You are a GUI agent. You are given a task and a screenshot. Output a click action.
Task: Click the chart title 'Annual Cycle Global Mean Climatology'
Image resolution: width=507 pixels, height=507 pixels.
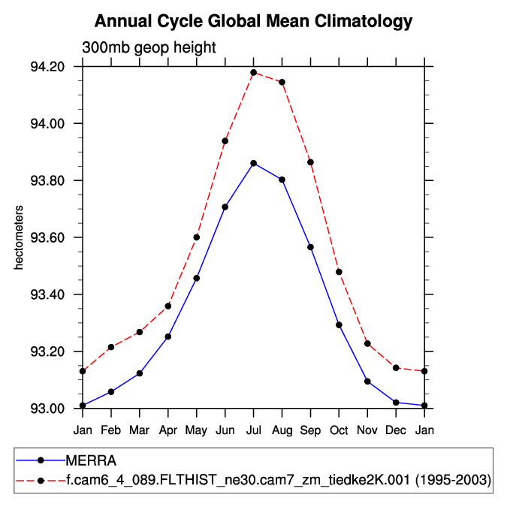coord(253,21)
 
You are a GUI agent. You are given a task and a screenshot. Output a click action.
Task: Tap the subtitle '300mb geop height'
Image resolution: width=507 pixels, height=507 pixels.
coord(149,47)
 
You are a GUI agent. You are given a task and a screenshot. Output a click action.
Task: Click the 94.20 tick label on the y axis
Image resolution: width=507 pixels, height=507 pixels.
coord(47,66)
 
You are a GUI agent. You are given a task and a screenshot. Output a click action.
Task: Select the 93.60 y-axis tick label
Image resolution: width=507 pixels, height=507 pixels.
coord(47,237)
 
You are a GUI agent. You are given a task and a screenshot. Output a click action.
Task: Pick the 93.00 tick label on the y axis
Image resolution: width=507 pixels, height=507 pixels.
coord(47,409)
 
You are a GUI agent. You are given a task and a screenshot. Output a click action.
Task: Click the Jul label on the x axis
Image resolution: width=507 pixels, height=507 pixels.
coord(253,430)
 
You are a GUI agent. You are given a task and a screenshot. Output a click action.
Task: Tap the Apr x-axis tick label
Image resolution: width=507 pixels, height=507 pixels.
coord(167,430)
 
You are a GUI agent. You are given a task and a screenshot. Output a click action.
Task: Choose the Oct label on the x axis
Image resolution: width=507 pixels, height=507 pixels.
coord(339,430)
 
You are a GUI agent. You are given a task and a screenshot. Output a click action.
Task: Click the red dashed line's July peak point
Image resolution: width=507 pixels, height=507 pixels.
coord(253,72)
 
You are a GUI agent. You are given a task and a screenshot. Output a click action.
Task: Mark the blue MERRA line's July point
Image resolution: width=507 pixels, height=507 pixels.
coord(253,163)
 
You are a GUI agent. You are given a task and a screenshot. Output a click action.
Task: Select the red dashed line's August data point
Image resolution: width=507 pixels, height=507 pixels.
coord(282,82)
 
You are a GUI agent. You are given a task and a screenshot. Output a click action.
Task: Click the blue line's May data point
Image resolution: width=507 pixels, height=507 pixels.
coord(196,278)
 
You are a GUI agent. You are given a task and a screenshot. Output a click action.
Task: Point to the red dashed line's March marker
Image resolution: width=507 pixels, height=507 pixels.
coord(139,332)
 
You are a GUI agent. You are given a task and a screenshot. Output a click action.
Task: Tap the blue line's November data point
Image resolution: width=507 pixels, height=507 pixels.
coord(367,382)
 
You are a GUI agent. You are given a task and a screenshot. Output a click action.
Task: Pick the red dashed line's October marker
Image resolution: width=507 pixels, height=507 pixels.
coord(339,272)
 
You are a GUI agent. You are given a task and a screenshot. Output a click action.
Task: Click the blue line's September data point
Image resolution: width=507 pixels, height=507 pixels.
coord(310,247)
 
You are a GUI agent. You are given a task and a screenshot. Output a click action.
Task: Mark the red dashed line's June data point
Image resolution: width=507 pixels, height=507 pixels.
coord(225,141)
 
